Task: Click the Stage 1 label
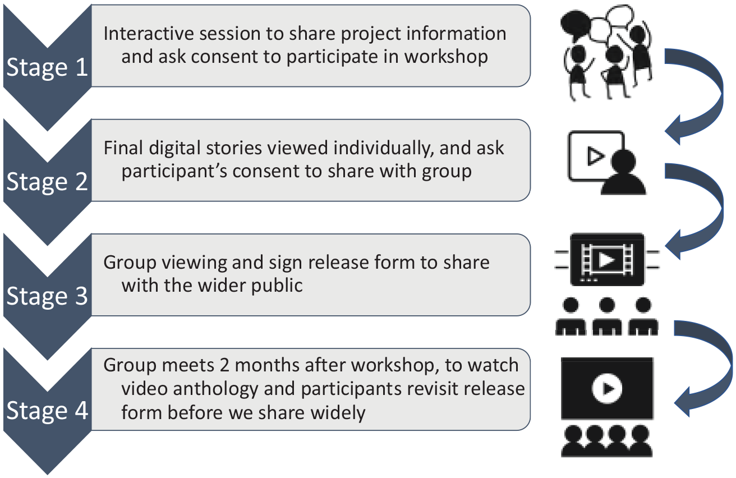click(47, 67)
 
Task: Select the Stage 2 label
click(47, 182)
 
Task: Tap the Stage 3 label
click(47, 296)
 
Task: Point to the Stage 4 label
click(47, 410)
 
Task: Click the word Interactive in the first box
click(149, 34)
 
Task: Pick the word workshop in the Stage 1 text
click(446, 57)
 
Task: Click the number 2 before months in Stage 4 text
click(224, 365)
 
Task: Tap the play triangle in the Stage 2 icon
click(595, 156)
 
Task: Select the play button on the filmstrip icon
click(606, 260)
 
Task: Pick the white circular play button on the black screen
click(607, 388)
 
